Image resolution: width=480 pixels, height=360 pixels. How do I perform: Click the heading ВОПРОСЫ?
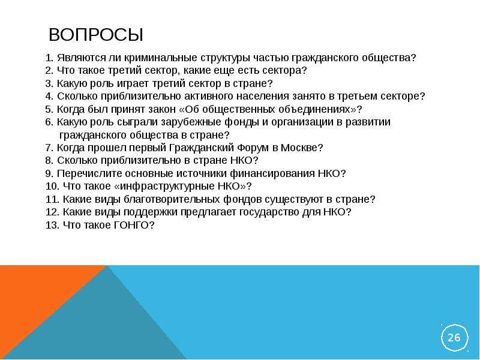click(x=96, y=35)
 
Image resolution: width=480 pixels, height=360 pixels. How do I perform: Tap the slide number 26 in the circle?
click(x=454, y=337)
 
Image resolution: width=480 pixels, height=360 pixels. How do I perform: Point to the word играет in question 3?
click(x=133, y=83)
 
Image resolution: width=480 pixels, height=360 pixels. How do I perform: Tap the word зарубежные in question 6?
click(x=191, y=122)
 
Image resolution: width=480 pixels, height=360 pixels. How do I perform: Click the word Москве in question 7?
click(x=299, y=148)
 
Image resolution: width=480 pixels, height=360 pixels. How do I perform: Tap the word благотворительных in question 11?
click(x=172, y=199)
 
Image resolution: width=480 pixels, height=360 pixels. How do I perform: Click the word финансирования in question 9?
click(x=272, y=173)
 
